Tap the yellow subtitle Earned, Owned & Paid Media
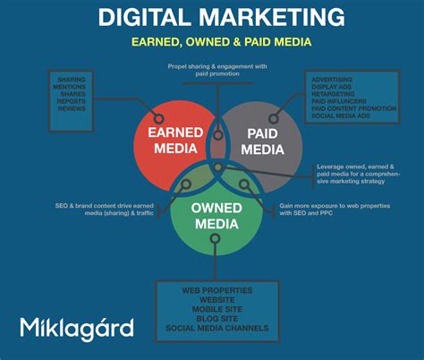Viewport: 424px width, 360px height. (x=212, y=41)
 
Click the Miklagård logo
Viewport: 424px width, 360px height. (x=78, y=328)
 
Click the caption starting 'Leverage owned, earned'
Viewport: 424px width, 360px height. (x=357, y=174)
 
